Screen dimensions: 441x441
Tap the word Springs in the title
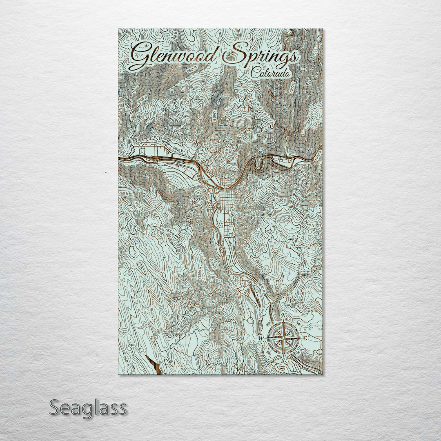[261, 58]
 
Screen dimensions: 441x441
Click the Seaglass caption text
[88, 408]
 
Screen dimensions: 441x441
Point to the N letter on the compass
[283, 320]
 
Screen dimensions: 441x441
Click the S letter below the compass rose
[283, 359]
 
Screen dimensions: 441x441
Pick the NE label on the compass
[298, 324]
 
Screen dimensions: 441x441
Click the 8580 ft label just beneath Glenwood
[191, 71]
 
